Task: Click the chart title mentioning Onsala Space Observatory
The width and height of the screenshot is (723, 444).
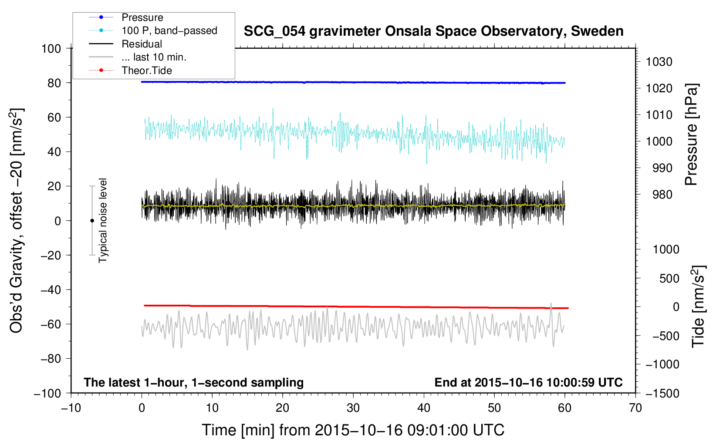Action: pos(433,31)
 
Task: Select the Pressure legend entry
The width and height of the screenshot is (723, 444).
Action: pos(142,17)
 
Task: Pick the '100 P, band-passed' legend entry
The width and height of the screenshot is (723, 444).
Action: pos(169,30)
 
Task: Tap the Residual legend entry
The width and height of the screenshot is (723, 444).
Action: pos(142,44)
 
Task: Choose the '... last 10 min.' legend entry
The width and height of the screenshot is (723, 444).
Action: pos(154,57)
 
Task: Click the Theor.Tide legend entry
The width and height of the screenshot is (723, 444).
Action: pos(146,71)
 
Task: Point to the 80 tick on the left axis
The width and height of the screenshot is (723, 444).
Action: pos(54,83)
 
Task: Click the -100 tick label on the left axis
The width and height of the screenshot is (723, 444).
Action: pos(48,393)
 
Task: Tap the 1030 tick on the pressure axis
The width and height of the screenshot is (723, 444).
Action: pos(659,62)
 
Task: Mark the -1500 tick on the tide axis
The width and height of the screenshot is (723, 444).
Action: pos(662,393)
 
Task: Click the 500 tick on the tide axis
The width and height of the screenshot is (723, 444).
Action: pos(669,278)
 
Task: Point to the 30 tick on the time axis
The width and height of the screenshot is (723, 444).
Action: pos(353,408)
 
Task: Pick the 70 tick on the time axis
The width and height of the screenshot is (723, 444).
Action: pos(635,408)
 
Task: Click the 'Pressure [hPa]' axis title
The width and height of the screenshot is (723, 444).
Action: pos(691,135)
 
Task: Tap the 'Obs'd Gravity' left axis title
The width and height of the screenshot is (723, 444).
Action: pos(17,221)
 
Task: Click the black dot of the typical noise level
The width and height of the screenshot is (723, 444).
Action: pos(92,221)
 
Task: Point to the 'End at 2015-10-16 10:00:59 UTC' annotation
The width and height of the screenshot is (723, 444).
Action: pos(528,382)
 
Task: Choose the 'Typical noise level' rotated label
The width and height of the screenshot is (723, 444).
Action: pos(103,220)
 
